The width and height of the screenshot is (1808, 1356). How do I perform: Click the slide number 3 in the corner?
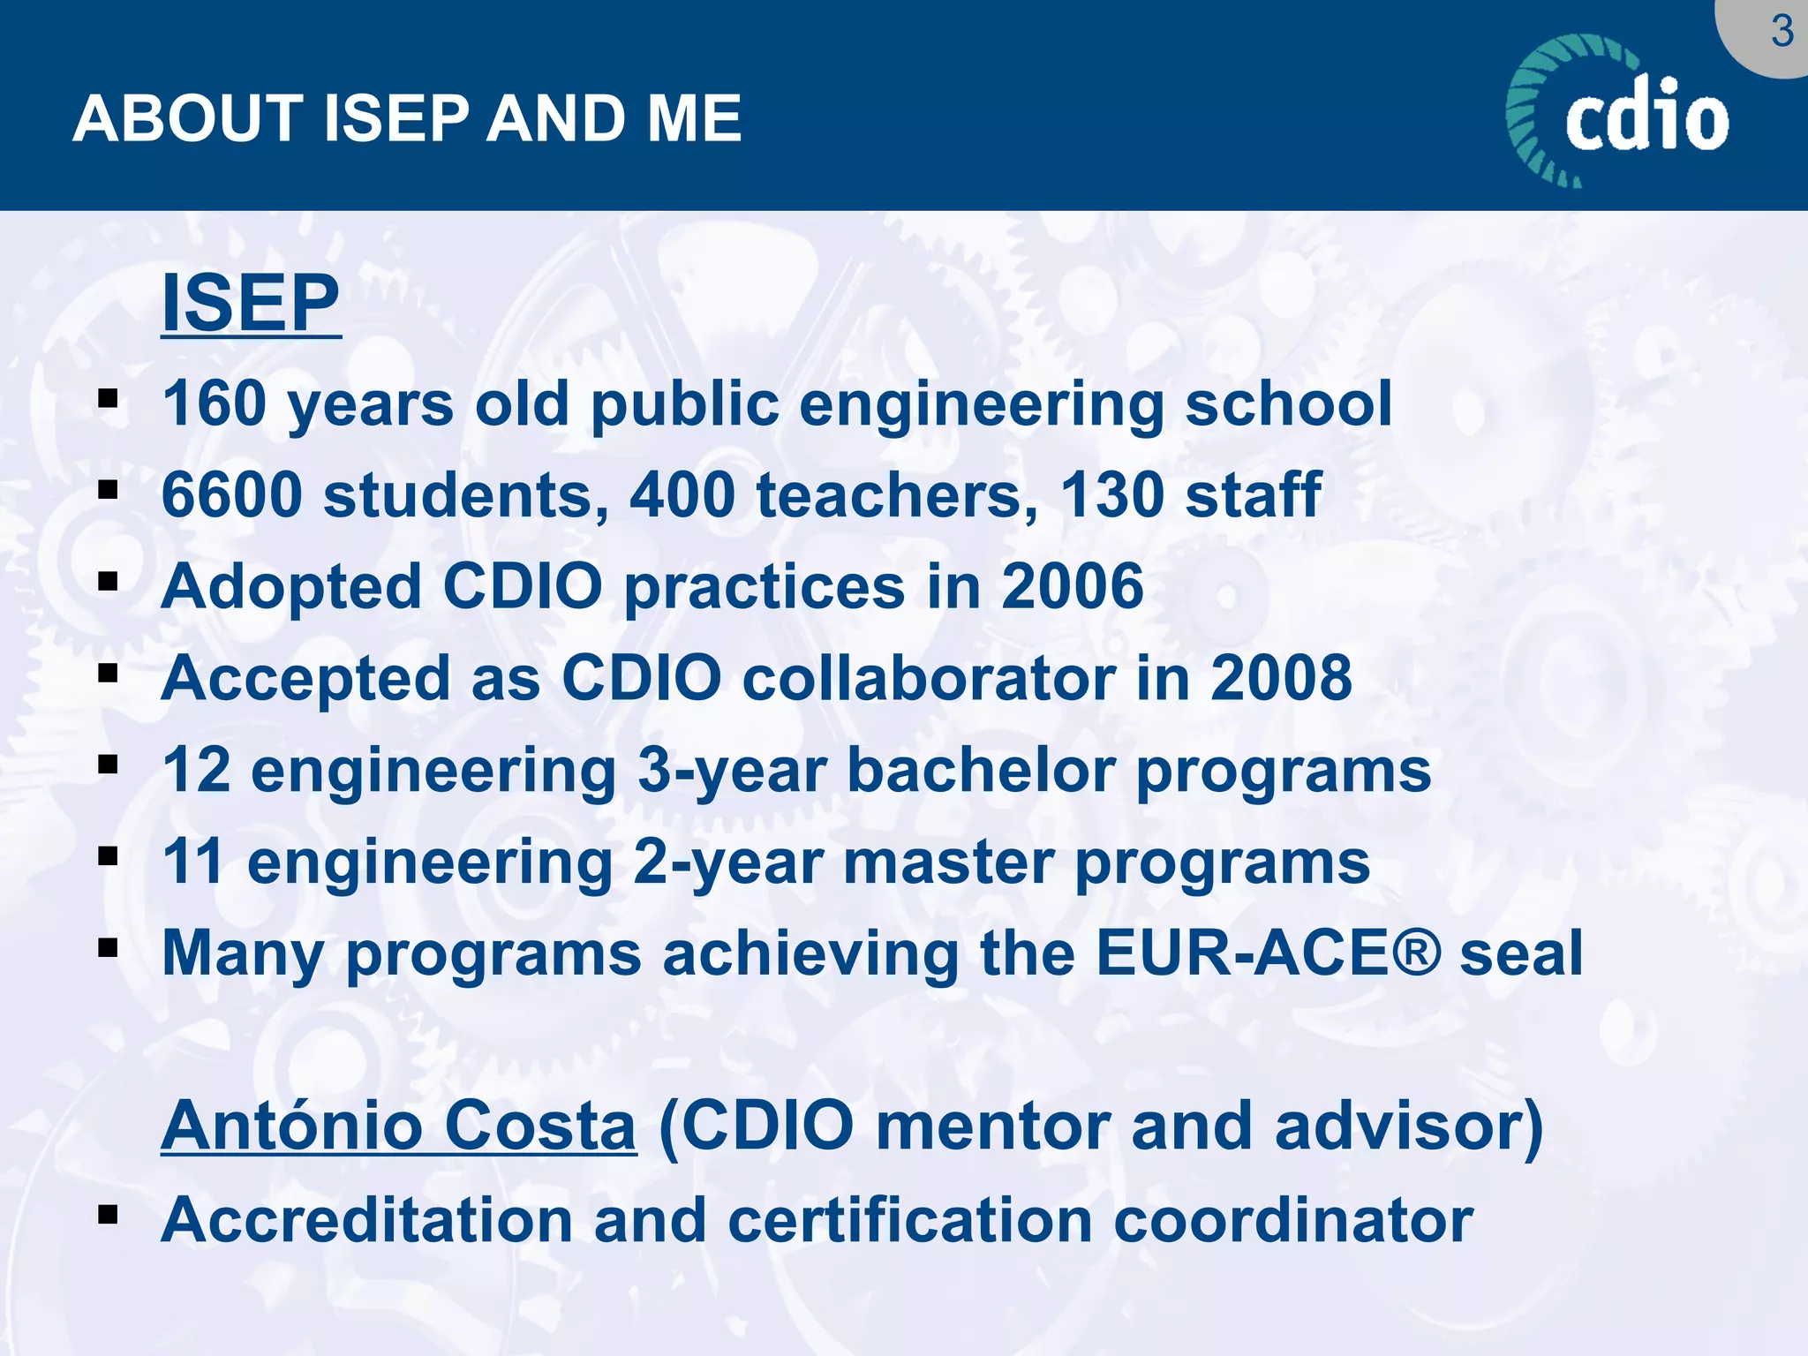1782,33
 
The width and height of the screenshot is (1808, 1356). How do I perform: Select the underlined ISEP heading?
251,303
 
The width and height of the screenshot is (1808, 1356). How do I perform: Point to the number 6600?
232,495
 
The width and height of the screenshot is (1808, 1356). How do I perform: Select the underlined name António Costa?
398,1126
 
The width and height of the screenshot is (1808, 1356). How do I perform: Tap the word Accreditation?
366,1220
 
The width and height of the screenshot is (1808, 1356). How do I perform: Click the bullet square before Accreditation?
108,1215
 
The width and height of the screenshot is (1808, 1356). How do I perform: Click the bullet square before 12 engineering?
108,764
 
